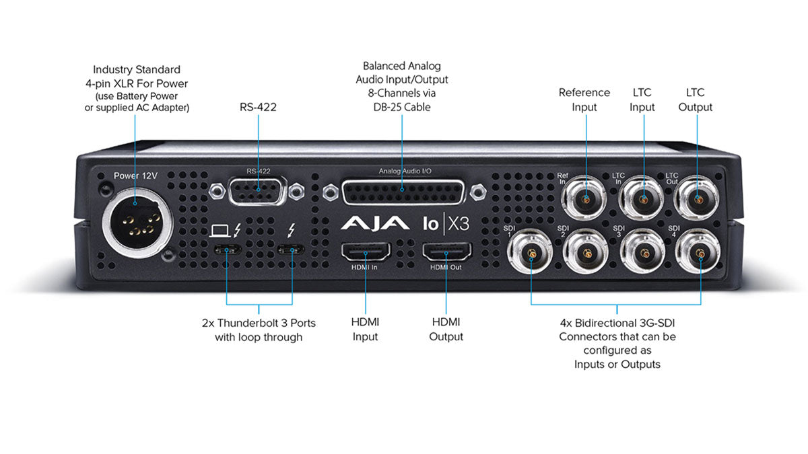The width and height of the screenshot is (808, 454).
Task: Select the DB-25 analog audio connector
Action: point(403,192)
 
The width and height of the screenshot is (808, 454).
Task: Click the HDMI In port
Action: point(365,252)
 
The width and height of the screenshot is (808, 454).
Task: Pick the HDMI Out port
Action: point(447,252)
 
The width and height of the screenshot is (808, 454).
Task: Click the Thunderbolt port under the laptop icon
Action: point(227,250)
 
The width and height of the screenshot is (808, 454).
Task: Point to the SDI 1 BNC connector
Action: point(531,254)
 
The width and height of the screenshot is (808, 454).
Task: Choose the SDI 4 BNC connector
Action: point(700,254)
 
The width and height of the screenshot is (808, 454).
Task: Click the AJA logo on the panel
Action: point(374,223)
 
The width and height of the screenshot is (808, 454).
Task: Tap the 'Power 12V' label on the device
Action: point(135,176)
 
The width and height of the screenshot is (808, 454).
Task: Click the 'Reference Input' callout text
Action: point(584,100)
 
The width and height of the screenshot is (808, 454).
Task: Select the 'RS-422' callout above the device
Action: point(258,106)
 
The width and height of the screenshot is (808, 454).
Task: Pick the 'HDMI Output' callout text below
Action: point(446,330)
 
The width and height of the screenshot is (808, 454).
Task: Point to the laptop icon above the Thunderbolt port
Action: point(220,231)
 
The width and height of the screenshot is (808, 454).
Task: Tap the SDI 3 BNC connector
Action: point(643,254)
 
